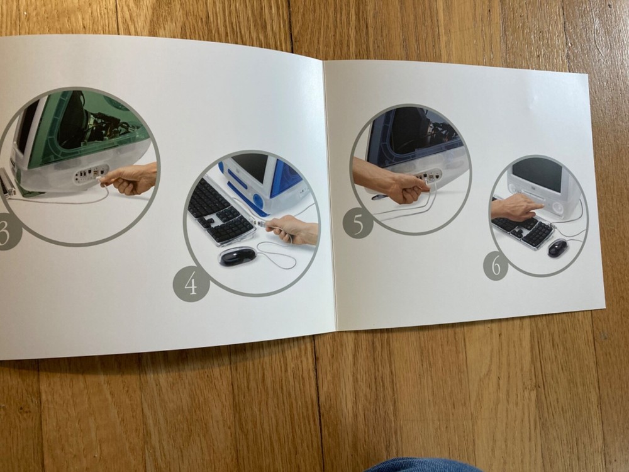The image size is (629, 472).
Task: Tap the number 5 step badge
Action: [x=358, y=223]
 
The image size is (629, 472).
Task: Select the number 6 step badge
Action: [x=496, y=266]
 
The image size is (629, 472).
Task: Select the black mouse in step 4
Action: [x=237, y=256]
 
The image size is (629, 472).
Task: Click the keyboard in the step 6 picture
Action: [x=522, y=230]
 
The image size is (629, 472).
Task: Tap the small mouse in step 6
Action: [x=557, y=248]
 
